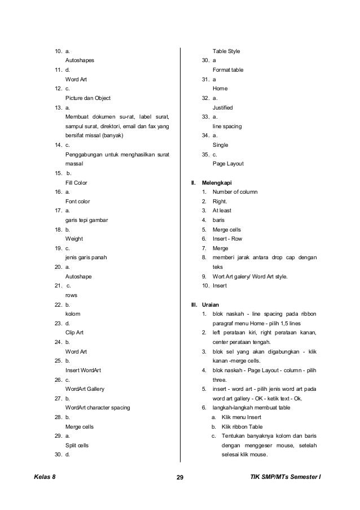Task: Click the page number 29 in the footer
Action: click(180, 478)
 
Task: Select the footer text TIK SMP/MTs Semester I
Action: click(286, 478)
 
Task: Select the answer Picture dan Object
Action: click(88, 98)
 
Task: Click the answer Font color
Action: click(78, 201)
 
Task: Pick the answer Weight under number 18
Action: click(74, 239)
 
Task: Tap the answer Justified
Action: click(223, 107)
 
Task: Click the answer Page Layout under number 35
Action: click(228, 164)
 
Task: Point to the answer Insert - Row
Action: click(228, 239)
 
